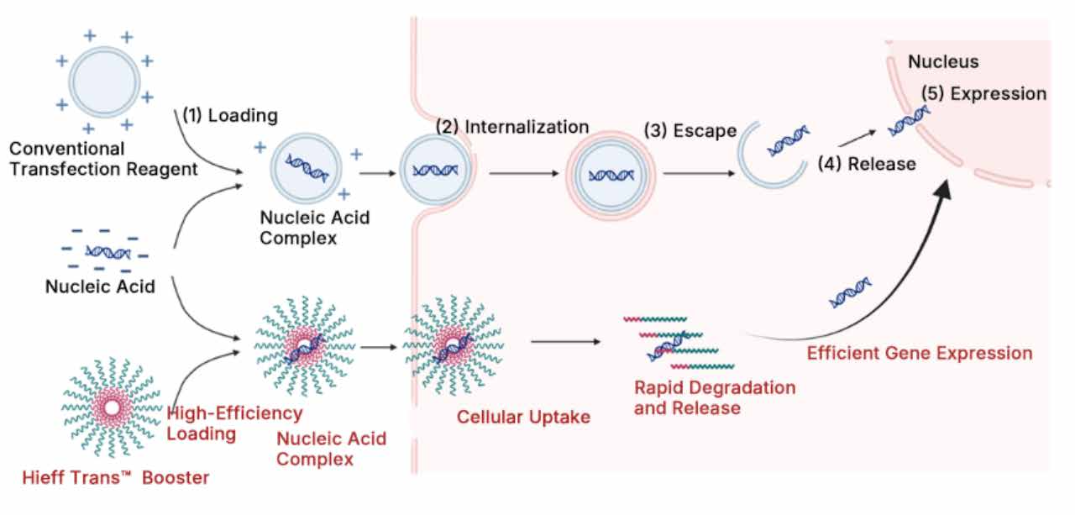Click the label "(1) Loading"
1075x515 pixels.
pos(230,116)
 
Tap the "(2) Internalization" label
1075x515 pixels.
pos(512,127)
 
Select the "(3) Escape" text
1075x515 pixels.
pos(690,131)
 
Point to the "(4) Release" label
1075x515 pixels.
pos(867,164)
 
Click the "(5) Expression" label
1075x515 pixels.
pos(983,93)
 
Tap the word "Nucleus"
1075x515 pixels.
pos(943,61)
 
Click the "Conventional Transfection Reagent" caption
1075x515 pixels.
pos(103,159)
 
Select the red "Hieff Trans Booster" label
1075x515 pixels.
pos(116,477)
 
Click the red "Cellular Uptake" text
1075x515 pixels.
pos(523,417)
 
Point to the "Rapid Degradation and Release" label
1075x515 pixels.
pos(715,398)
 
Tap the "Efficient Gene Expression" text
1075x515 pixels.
pos(920,353)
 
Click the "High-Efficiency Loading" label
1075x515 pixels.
pos(234,423)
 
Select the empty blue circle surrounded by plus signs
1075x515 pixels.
pos(105,82)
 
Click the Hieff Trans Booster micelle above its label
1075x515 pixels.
pos(112,407)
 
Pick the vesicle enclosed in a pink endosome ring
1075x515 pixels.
pos(611,176)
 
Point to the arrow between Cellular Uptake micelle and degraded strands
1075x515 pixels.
pos(566,342)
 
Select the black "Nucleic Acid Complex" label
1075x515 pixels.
pos(314,228)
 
